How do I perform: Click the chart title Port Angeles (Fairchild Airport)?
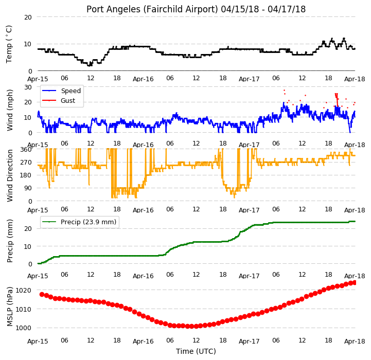pyautogui.click(x=152, y=9)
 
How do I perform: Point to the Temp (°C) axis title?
pyautogui.click(x=9, y=44)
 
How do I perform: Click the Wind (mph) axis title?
pyautogui.click(x=9, y=110)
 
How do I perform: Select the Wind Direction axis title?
pyautogui.click(x=9, y=175)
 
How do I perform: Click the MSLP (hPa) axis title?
pyautogui.click(x=9, y=307)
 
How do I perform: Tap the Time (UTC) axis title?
pyautogui.click(x=196, y=351)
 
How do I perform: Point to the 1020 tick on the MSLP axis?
pyautogui.click(x=24, y=290)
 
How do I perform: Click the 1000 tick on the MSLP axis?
pyautogui.click(x=24, y=328)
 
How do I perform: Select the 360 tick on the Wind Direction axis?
pyautogui.click(x=26, y=150)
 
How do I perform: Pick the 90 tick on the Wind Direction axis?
pyautogui.click(x=28, y=188)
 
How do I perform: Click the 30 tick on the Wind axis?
pyautogui.click(x=28, y=87)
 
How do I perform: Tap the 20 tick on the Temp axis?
pyautogui.click(x=28, y=17)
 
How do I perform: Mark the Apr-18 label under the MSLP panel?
pyautogui.click(x=355, y=341)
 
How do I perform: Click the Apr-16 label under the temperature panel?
pyautogui.click(x=143, y=79)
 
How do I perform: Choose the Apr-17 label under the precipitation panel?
pyautogui.click(x=249, y=276)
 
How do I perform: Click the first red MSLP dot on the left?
pyautogui.click(x=42, y=295)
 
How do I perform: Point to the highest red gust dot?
pyautogui.click(x=284, y=90)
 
